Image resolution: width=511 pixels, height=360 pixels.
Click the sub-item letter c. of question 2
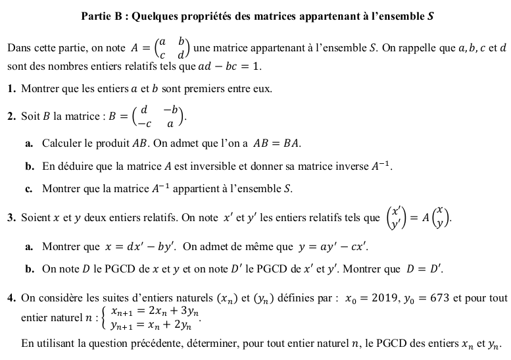tap(30, 190)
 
